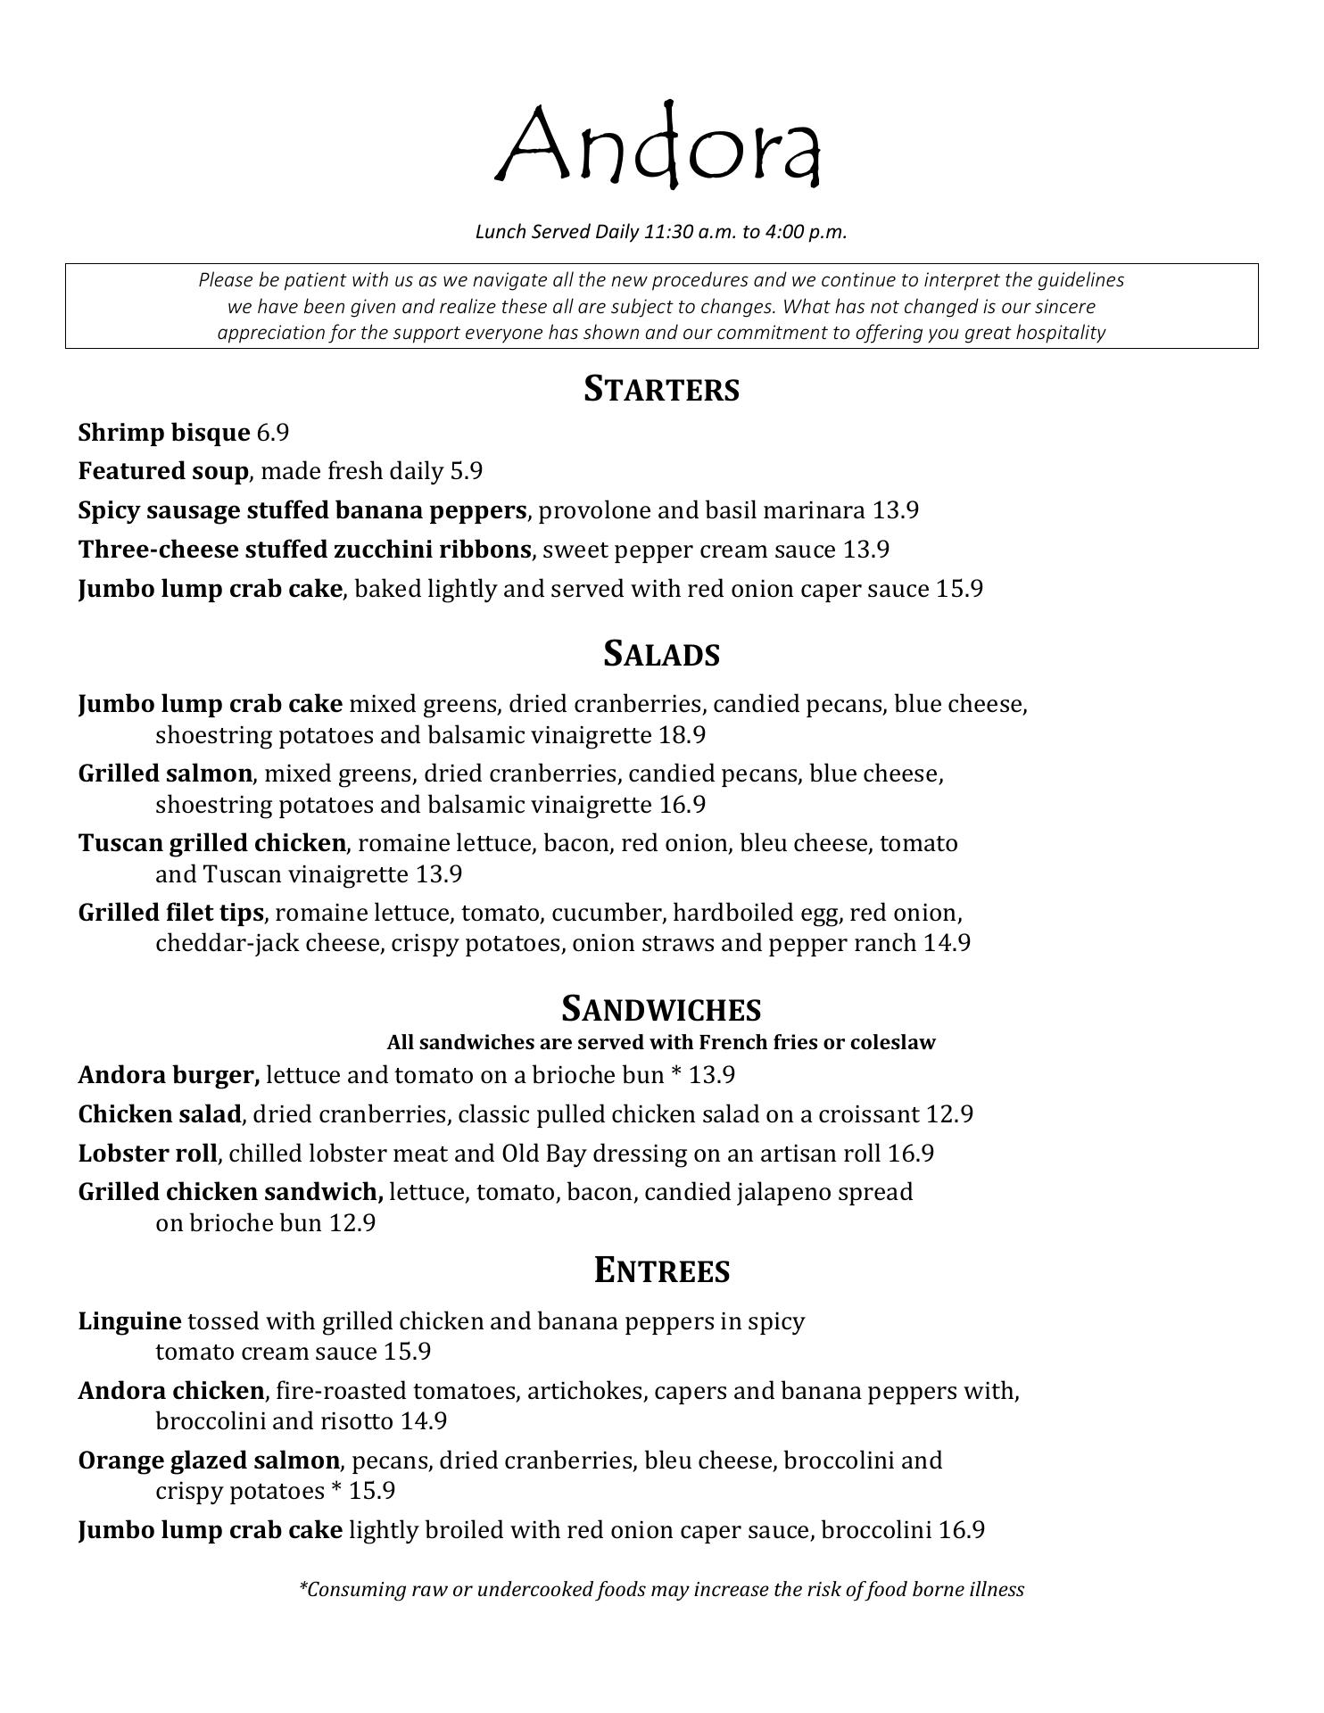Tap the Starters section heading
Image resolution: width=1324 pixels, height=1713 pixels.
661,389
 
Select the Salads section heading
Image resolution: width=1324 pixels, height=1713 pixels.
661,654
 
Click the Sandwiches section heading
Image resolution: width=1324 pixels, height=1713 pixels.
661,1009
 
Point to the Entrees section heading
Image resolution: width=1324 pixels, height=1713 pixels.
661,1270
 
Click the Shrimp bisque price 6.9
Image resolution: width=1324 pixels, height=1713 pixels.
273,433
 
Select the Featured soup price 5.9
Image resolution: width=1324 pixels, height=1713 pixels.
466,471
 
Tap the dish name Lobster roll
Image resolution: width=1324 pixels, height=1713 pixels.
147,1154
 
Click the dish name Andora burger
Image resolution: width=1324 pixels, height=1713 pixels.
169,1075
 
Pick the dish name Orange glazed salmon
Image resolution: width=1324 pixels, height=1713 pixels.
209,1461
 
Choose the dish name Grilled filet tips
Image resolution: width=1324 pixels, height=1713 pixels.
170,913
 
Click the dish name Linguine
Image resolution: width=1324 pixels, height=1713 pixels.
129,1320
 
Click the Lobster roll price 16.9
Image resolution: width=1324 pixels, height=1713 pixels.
911,1154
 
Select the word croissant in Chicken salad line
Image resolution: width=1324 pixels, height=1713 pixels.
869,1114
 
